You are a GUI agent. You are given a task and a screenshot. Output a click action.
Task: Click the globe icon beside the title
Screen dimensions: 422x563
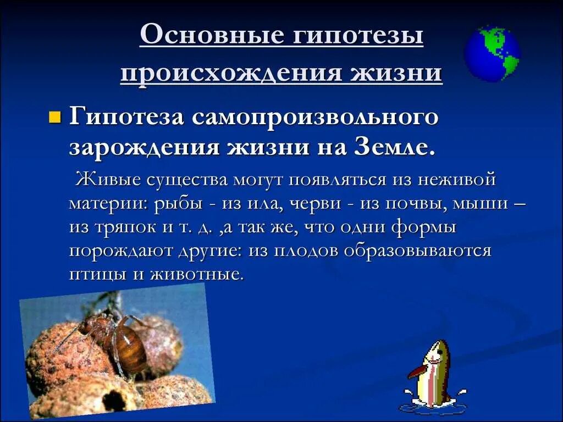(492, 54)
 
